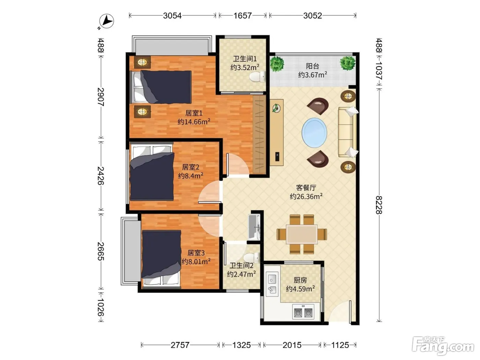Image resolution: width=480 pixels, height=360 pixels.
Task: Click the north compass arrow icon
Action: click(x=106, y=21)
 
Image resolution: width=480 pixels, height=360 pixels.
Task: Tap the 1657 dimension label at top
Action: click(x=242, y=15)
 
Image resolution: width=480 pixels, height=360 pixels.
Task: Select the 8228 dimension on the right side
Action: click(x=379, y=205)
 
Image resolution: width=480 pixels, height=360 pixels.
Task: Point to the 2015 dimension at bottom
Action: click(x=292, y=345)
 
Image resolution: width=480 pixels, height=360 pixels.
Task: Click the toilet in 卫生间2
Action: click(x=252, y=258)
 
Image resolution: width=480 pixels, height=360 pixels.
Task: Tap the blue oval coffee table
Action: click(x=314, y=132)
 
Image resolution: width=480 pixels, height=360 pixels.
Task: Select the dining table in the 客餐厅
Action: click(x=302, y=234)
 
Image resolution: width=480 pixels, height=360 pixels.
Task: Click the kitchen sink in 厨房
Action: click(x=272, y=284)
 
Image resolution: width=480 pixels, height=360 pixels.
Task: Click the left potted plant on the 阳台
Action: click(x=277, y=64)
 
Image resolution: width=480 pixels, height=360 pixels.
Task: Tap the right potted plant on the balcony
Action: click(x=347, y=63)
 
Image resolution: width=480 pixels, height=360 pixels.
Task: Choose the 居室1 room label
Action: click(x=194, y=113)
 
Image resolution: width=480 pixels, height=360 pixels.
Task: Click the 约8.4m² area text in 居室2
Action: click(x=191, y=176)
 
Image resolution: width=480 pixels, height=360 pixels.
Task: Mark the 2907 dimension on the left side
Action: click(x=100, y=97)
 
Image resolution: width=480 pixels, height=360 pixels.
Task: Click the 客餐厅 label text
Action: click(x=306, y=188)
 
